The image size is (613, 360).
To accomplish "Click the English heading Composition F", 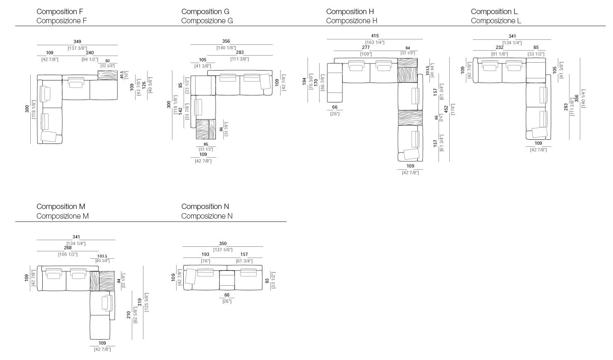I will [60, 12].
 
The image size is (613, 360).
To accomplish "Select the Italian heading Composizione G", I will [207, 21].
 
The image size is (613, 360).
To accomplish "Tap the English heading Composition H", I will [350, 12].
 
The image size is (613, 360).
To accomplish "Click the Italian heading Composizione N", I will [207, 216].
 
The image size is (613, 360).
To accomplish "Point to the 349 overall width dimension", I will [77, 41].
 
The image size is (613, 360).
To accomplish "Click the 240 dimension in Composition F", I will [90, 53].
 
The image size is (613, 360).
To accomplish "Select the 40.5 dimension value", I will [122, 75].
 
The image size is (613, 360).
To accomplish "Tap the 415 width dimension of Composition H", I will [375, 36].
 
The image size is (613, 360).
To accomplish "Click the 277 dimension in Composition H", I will [366, 48].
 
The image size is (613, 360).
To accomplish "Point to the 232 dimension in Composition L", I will [499, 47].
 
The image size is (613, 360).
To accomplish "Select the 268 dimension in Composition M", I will [68, 248].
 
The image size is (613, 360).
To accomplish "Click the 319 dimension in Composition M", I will [140, 302].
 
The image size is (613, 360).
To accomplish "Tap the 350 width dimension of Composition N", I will [223, 244].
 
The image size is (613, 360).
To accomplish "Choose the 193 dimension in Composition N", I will [205, 254].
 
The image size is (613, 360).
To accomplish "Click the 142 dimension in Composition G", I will [180, 111].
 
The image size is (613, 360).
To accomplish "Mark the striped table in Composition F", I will [107, 75].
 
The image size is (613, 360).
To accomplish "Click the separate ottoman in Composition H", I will [334, 83].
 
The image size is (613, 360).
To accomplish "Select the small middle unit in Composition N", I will [226, 280].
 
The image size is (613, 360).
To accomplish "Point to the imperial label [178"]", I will [453, 109].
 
